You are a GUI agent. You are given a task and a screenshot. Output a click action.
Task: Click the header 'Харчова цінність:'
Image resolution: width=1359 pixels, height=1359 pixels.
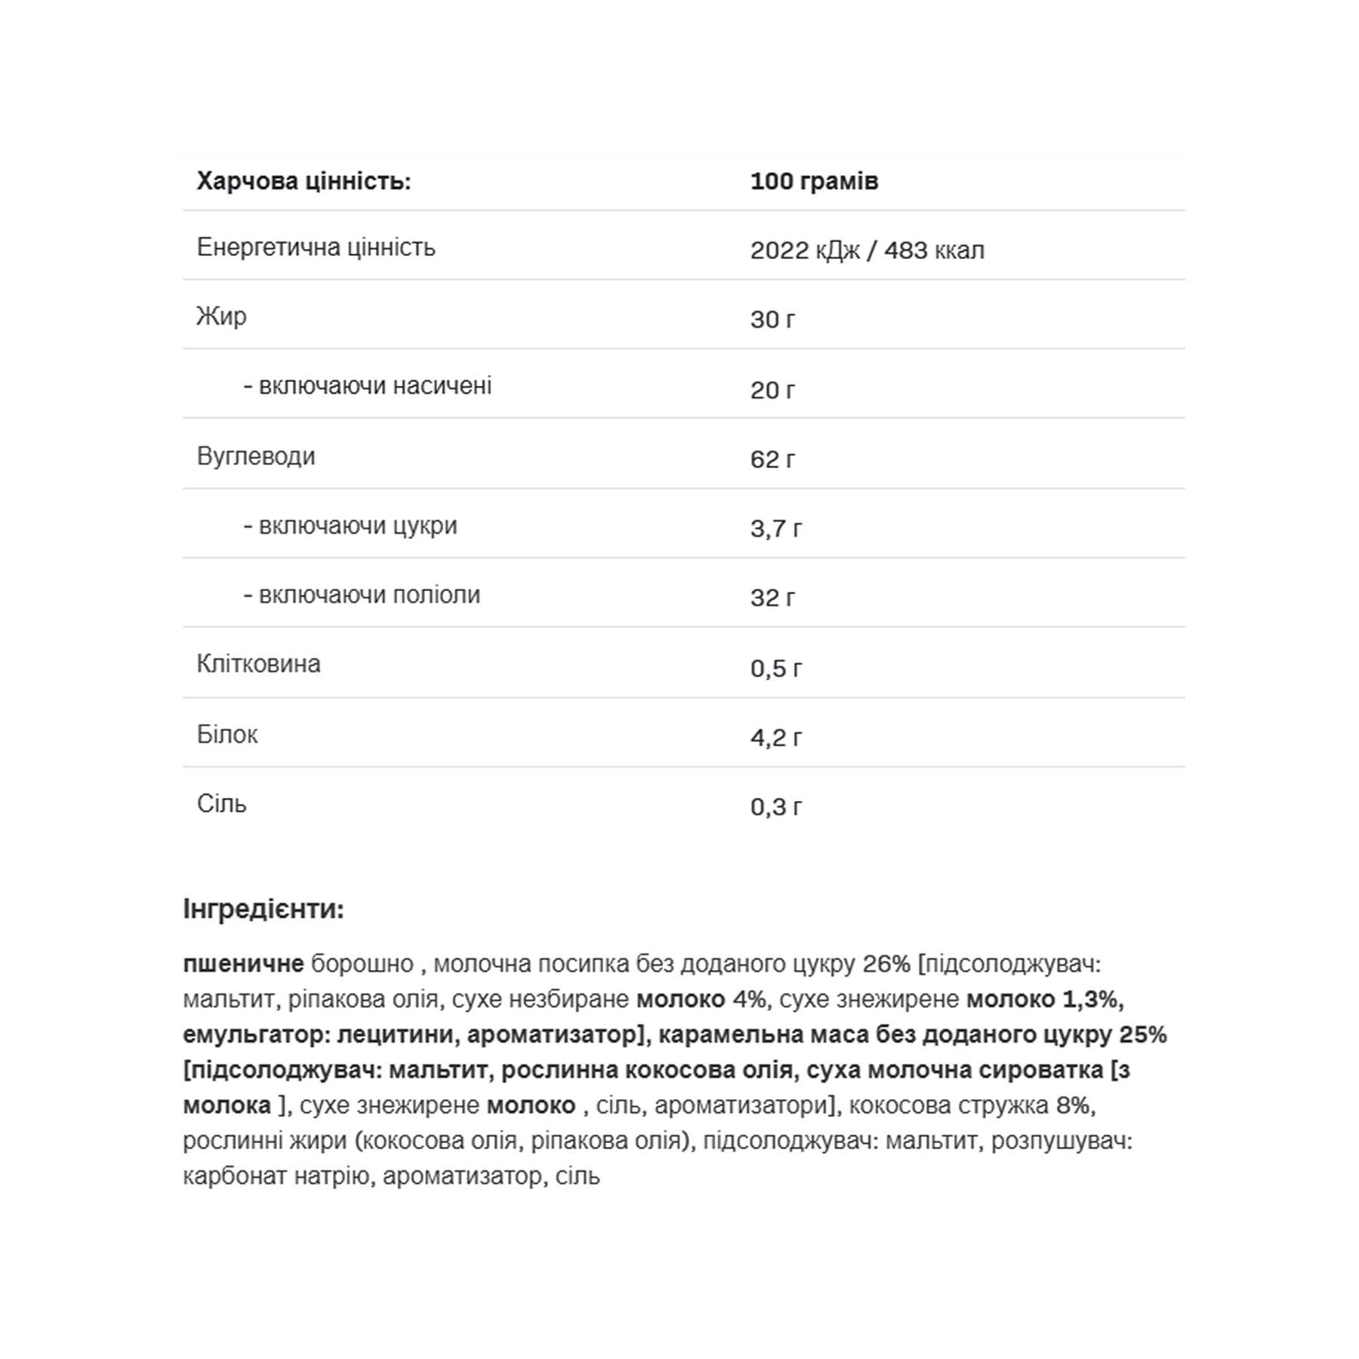[x=304, y=181]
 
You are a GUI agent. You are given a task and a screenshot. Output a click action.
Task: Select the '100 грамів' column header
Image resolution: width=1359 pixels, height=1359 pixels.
[x=814, y=181]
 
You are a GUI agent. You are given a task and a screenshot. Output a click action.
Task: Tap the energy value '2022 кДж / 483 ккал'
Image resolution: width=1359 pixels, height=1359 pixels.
[x=867, y=250]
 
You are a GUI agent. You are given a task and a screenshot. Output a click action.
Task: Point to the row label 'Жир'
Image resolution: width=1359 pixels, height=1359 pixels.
[x=221, y=316]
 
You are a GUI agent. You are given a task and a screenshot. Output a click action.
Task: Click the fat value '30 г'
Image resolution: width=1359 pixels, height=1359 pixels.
[x=772, y=319]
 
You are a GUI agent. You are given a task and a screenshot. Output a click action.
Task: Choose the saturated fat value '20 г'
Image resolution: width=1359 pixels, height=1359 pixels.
[x=772, y=390]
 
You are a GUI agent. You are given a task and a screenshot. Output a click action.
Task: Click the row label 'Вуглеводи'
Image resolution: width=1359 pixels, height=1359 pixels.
[x=256, y=456]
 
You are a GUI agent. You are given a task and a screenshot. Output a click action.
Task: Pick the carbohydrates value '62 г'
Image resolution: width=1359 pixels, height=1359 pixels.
[x=772, y=459]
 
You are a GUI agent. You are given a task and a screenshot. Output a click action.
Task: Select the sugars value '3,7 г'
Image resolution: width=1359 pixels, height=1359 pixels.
[x=775, y=528]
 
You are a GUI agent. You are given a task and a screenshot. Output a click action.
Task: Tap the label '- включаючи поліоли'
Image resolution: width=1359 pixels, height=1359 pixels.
[x=362, y=595]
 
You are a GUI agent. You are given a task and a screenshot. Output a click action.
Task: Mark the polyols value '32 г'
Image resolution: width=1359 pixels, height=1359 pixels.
[x=772, y=598]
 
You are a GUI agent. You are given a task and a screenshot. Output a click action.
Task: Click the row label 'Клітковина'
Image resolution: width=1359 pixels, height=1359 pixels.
[x=258, y=664]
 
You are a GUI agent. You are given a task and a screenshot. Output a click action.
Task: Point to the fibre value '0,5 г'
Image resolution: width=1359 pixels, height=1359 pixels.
[x=775, y=668]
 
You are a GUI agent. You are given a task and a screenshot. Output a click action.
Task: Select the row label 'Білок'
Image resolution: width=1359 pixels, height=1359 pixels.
[x=227, y=734]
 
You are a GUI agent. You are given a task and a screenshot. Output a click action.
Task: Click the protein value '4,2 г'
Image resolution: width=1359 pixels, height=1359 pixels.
[x=775, y=737]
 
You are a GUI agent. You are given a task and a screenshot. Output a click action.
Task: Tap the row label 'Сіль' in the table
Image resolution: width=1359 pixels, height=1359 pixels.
[x=221, y=803]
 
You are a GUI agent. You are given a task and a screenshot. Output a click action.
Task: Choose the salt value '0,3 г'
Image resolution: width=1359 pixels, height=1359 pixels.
[x=775, y=807]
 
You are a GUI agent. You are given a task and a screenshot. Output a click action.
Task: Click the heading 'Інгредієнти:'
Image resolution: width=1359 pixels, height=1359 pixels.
[x=263, y=909]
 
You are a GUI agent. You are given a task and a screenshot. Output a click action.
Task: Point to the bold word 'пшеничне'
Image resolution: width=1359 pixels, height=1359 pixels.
[x=243, y=964]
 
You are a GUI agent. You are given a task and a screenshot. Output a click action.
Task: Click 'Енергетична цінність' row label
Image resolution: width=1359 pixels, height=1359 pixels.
[x=316, y=247]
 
